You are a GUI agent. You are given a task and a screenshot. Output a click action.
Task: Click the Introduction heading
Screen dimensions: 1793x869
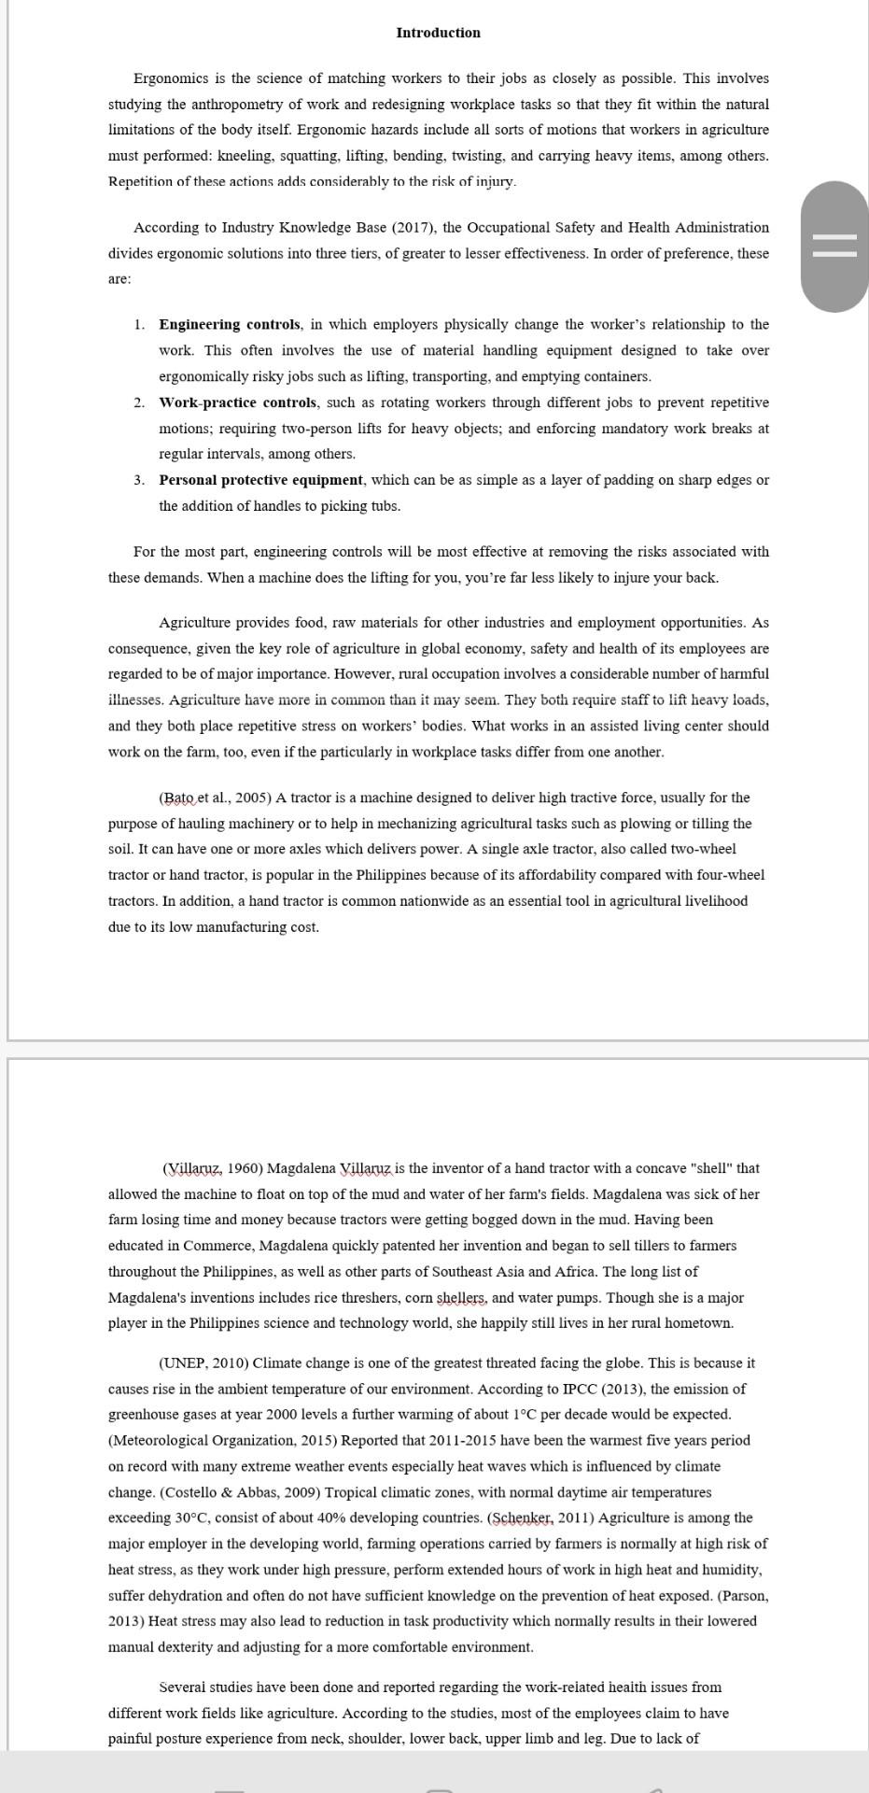click(438, 33)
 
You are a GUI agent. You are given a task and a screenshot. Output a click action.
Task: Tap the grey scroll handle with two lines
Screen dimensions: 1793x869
click(834, 247)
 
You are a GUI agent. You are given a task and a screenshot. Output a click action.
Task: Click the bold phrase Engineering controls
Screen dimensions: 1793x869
click(230, 325)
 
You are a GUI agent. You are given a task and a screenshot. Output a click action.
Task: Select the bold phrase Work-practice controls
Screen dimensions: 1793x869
click(238, 402)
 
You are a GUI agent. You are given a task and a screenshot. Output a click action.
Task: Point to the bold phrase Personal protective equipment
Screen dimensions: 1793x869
click(260, 480)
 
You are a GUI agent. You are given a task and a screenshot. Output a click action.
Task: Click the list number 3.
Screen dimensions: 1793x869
click(138, 480)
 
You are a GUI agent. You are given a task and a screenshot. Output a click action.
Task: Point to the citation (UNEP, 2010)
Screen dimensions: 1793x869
click(203, 1363)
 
